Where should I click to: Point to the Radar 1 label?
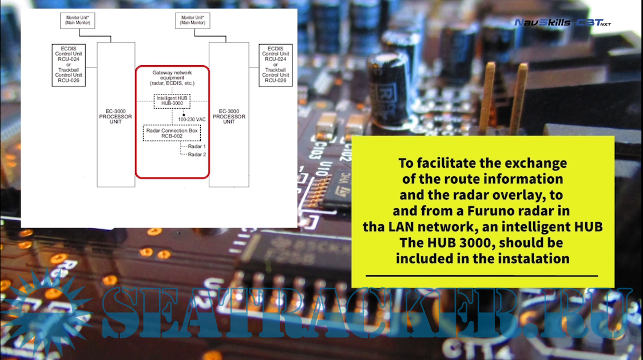click(x=197, y=147)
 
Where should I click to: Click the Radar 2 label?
click(x=197, y=155)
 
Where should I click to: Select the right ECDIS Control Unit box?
click(x=276, y=65)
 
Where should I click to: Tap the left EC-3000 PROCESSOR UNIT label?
click(x=116, y=117)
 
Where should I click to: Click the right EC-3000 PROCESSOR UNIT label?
click(x=229, y=117)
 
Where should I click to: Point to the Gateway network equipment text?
click(x=172, y=78)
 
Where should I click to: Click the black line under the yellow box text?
click(x=482, y=276)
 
